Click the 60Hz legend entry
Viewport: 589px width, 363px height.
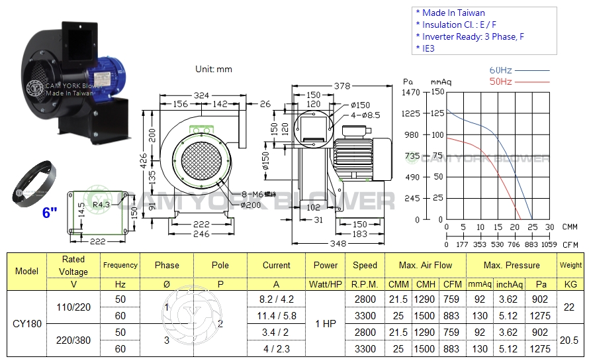(501, 70)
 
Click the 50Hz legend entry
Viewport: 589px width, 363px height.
(501, 81)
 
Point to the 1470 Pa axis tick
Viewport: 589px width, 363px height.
(412, 92)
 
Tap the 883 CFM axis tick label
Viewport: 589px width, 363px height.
(531, 244)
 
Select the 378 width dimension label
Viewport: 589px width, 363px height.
(341, 86)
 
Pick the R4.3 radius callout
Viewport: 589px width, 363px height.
(101, 205)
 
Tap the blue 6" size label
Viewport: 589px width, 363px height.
(50, 213)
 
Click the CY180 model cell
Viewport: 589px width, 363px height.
(26, 325)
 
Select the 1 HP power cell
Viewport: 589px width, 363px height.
(326, 325)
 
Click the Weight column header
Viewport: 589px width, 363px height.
(570, 265)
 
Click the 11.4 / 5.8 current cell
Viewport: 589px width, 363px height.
(276, 316)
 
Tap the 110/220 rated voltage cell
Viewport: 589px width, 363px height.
(73, 307)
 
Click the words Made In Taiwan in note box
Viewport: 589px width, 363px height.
(453, 13)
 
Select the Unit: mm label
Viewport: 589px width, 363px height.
(214, 69)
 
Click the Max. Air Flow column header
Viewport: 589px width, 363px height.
(425, 265)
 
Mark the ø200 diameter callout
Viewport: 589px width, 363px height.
(250, 205)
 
